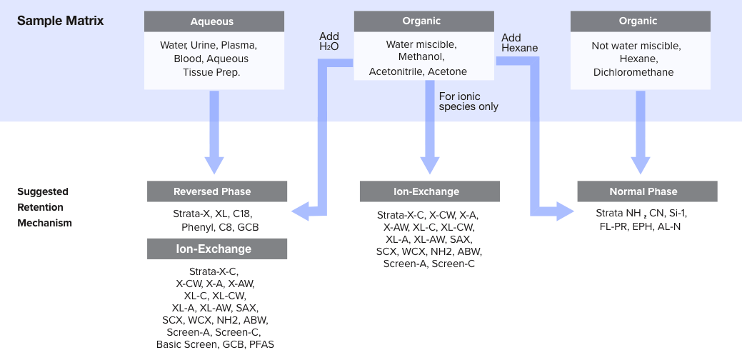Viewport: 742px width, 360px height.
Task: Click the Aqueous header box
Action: click(212, 21)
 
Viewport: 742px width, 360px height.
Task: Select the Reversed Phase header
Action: click(217, 191)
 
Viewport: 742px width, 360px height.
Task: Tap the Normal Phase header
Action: click(647, 191)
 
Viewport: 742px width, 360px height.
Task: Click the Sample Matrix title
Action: click(60, 21)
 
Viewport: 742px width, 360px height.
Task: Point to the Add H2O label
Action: click(329, 41)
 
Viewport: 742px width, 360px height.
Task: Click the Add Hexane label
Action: click(519, 43)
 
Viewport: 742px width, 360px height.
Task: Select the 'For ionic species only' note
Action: click(468, 101)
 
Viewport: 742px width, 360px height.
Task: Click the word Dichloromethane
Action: click(633, 72)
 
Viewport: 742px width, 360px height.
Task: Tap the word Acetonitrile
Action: click(396, 71)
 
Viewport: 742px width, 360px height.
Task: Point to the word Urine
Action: click(205, 45)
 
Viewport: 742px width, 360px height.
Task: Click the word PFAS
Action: click(261, 344)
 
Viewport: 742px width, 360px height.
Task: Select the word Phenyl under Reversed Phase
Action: click(198, 227)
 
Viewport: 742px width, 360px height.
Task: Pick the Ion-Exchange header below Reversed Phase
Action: click(217, 249)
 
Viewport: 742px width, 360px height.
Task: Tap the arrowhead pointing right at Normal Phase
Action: click(566, 211)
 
